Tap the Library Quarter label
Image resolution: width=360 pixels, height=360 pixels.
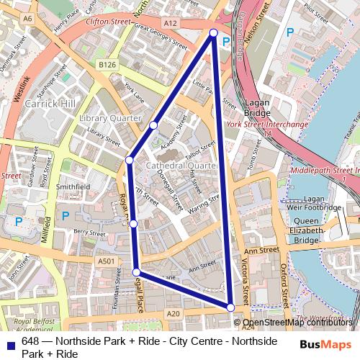tap(109, 117)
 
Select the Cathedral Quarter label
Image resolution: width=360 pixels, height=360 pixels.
tap(181, 166)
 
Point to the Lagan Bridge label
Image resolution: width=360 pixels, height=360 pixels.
tap(257, 108)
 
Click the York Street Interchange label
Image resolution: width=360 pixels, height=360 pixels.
tap(267, 124)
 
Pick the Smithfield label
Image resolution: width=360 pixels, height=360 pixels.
tap(73, 186)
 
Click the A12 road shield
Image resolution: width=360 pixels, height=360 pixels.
tap(170, 23)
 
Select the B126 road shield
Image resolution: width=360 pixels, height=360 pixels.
tap(107, 65)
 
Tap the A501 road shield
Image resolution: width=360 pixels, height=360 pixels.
tap(106, 261)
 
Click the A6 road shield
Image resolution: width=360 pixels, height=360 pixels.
tap(28, 17)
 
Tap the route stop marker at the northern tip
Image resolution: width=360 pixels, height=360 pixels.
tap(213, 32)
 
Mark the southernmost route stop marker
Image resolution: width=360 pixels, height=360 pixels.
tap(230, 307)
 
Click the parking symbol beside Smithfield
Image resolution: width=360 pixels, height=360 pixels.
tap(66, 215)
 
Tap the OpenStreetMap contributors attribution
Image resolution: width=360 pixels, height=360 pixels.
tap(297, 323)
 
